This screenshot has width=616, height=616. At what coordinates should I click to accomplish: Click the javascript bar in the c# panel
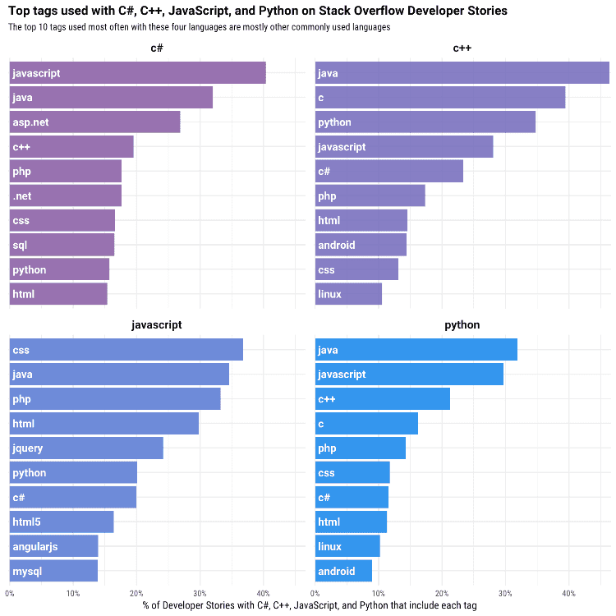click(x=137, y=72)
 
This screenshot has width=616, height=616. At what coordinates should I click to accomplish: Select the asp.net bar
click(x=94, y=122)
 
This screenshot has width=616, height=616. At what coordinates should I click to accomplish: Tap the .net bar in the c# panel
click(x=66, y=195)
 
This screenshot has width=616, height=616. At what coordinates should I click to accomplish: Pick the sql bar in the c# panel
click(x=62, y=245)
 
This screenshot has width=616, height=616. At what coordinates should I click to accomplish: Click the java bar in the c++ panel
click(x=462, y=72)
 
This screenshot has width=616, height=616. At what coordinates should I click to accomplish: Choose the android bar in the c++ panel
click(x=361, y=245)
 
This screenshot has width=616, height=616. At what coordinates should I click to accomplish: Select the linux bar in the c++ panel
click(x=348, y=294)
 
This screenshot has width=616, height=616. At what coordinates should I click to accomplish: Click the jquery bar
click(x=86, y=448)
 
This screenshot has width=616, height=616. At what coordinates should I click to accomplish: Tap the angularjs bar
click(x=54, y=546)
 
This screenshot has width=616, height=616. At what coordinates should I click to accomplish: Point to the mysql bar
click(x=53, y=571)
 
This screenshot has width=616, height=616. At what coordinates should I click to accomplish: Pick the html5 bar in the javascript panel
click(x=62, y=522)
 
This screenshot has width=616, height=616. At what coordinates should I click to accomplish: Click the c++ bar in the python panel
click(x=382, y=398)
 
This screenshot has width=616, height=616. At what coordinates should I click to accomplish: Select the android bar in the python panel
click(x=343, y=571)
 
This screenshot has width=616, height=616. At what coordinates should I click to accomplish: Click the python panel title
click(x=462, y=325)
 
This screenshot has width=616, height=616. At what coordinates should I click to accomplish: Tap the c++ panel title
click(x=462, y=48)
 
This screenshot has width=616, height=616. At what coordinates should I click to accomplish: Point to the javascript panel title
click(x=156, y=325)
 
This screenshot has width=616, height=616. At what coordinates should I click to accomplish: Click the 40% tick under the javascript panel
click(x=263, y=593)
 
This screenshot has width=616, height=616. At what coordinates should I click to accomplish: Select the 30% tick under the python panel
click(x=505, y=593)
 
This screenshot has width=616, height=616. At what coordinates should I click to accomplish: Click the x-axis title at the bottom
click(x=310, y=605)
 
